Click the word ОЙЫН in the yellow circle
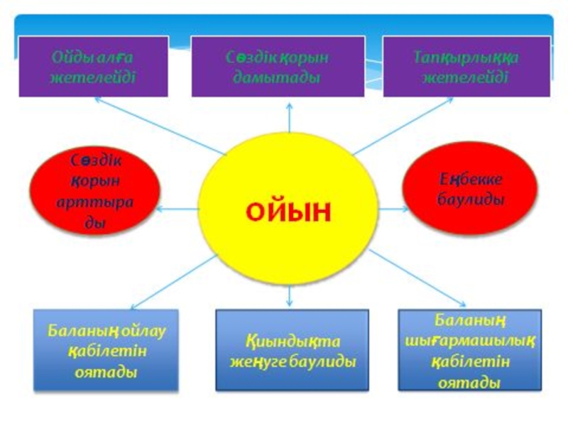pos(288,212)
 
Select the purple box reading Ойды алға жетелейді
pos(93,67)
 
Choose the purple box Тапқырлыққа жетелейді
pos(466,67)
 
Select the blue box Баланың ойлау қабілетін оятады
pos(106,350)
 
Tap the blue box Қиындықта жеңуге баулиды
pos(292,350)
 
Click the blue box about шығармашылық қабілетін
pos(469,350)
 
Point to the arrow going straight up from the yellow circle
pos(290,117)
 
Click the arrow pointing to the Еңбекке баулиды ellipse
pos(393,209)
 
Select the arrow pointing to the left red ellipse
pos(177,209)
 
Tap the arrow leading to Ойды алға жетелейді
pos(156,125)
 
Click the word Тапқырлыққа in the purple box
pos(466,58)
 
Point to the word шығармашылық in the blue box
pos(470,342)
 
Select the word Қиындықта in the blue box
pos(291,341)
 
